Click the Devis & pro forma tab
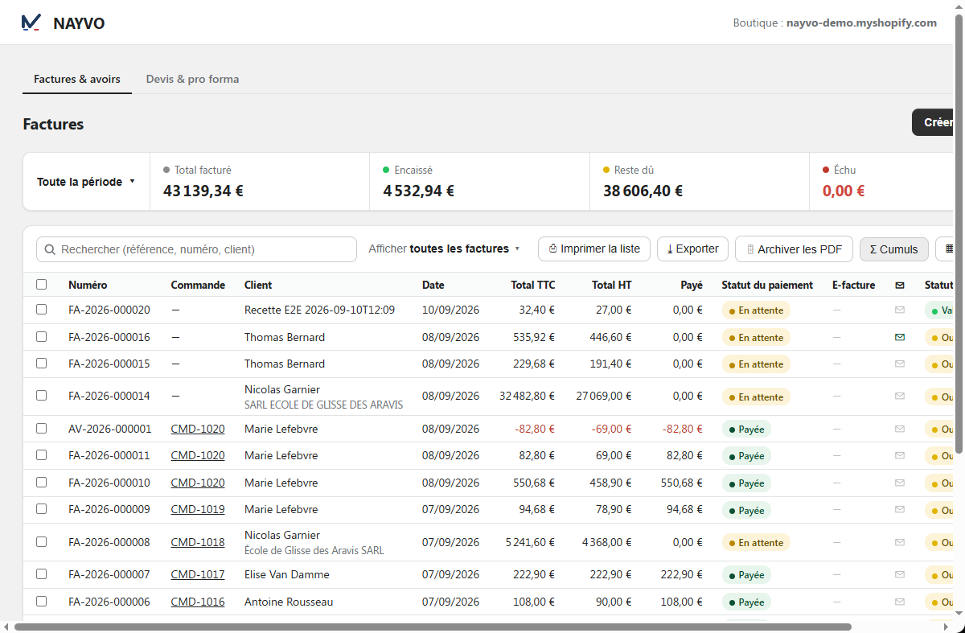point(192,80)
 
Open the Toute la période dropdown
point(86,182)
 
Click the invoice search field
point(196,249)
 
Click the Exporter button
point(692,249)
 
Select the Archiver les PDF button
point(794,249)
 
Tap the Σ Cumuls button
point(894,249)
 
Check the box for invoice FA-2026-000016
point(41,336)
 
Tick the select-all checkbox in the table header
point(41,285)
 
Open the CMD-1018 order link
point(198,542)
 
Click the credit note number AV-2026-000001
point(110,429)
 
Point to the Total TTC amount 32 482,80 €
point(527,396)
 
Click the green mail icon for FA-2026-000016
point(900,337)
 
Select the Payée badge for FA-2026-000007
point(746,575)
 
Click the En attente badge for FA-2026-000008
point(756,542)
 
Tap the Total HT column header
point(611,285)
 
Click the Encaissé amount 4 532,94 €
point(418,191)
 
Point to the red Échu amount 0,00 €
point(843,191)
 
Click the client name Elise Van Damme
point(286,574)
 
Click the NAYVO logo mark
point(31,23)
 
